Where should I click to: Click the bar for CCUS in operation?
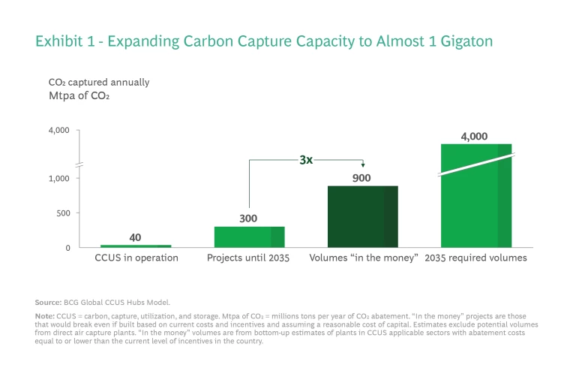click(136, 246)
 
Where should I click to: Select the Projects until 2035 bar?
click(249, 237)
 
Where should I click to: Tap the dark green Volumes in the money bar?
click(363, 216)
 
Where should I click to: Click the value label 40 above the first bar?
click(135, 237)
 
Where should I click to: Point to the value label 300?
click(249, 219)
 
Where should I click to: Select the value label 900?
click(362, 177)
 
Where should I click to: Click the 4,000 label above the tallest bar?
click(474, 136)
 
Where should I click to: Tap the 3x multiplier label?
click(306, 160)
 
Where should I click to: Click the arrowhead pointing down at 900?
click(363, 167)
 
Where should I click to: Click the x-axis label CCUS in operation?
click(136, 258)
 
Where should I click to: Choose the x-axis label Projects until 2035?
click(249, 258)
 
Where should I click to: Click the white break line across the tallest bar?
click(476, 164)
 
